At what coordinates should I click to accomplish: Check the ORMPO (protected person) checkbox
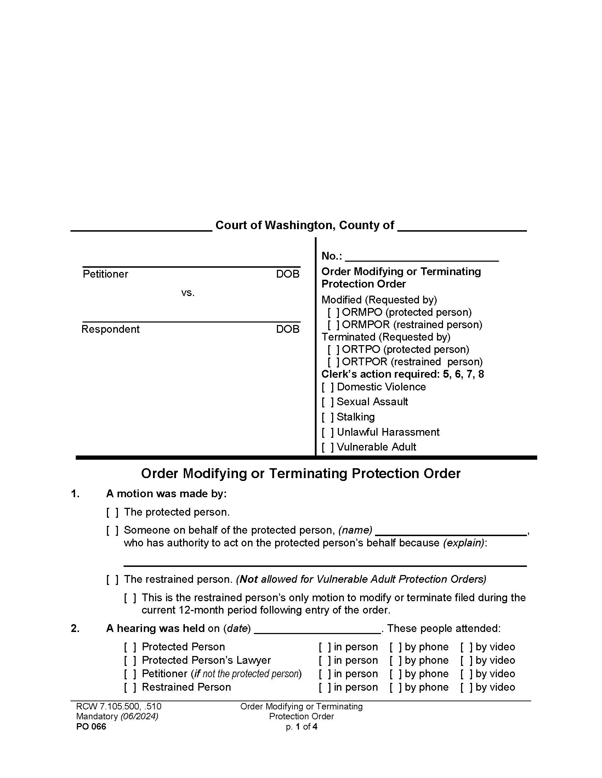[x=334, y=312]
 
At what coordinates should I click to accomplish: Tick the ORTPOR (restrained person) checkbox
[x=334, y=362]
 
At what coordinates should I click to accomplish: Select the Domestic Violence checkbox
[x=328, y=387]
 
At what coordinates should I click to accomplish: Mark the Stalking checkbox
[x=328, y=417]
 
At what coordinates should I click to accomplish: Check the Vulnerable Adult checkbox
[x=328, y=447]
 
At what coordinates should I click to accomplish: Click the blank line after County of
[x=462, y=227]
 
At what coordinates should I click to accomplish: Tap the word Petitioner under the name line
[x=105, y=274]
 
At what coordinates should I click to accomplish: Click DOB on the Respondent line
[x=288, y=329]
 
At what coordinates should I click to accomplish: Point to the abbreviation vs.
[x=188, y=293]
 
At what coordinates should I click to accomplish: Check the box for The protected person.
[x=112, y=512]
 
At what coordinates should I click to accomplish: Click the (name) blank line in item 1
[x=451, y=531]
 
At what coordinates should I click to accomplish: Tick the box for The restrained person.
[x=112, y=579]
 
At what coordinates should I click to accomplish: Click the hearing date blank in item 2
[x=317, y=629]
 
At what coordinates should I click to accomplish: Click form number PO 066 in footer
[x=91, y=727]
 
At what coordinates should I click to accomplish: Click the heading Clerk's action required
[x=380, y=375]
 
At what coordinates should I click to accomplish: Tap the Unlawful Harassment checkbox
[x=328, y=432]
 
